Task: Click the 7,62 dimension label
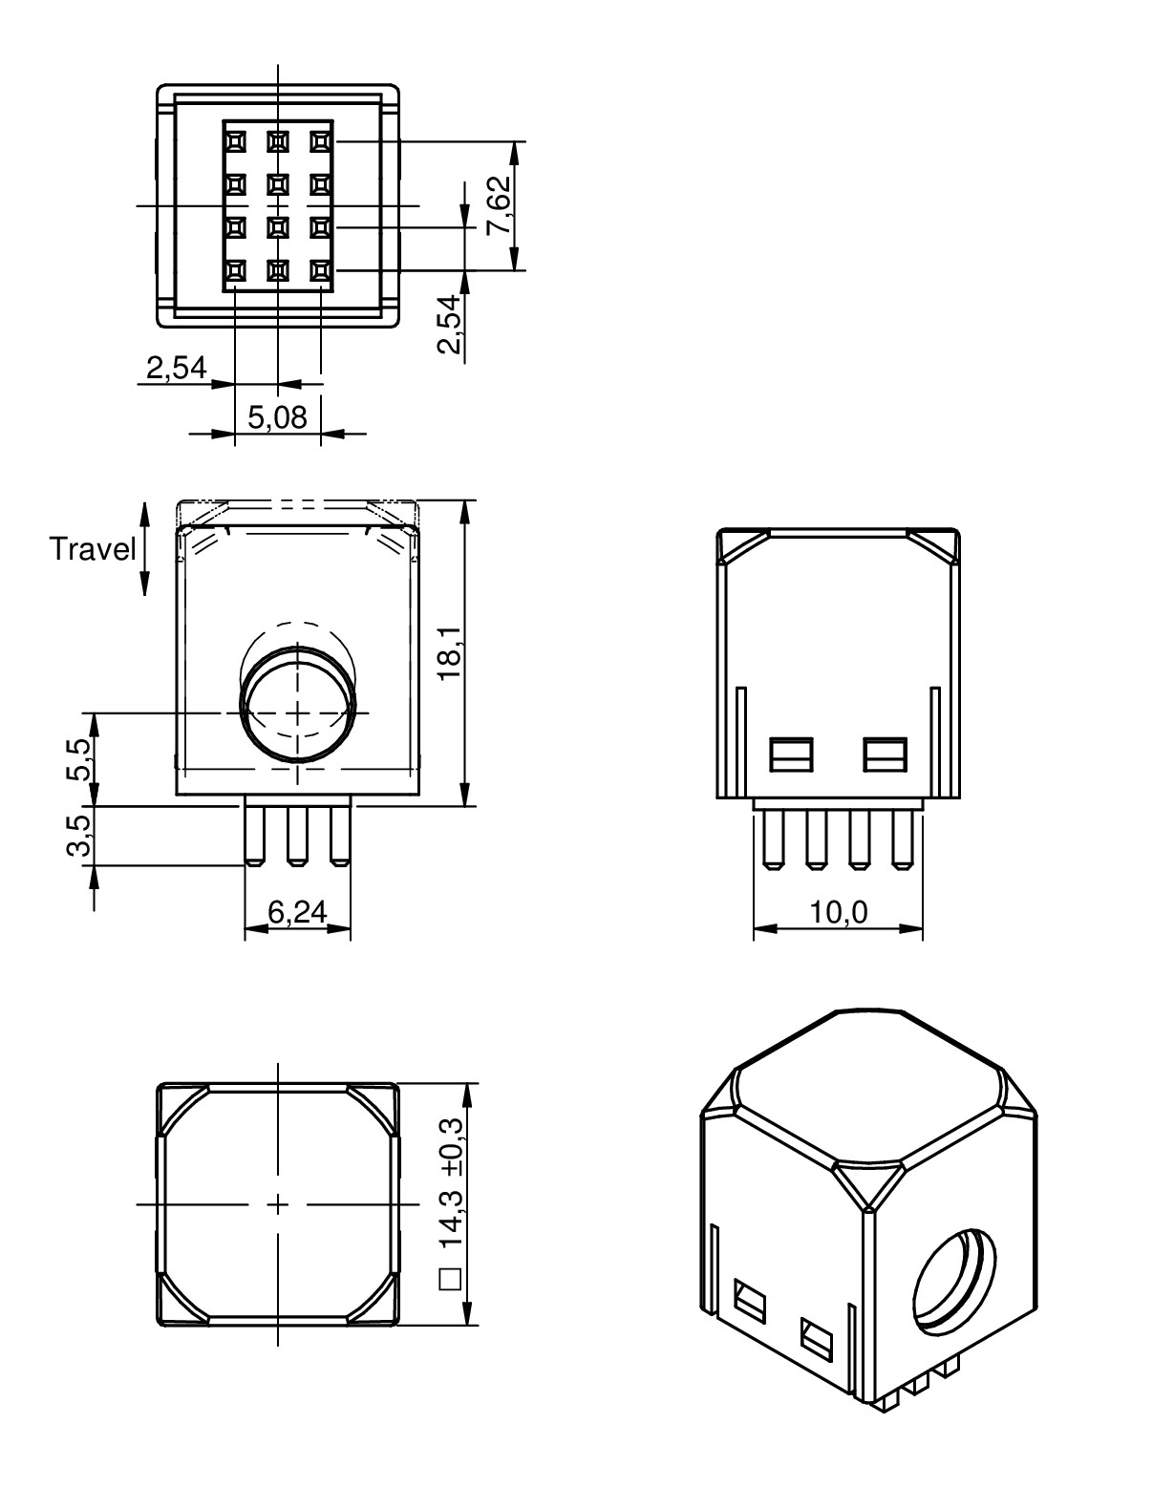(499, 205)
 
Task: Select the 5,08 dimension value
(277, 417)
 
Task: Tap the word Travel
(93, 549)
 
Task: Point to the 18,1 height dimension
(448, 654)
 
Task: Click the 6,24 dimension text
(297, 913)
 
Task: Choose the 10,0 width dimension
(839, 913)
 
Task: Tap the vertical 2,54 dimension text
(448, 325)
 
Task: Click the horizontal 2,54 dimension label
(176, 367)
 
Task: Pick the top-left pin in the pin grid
(234, 141)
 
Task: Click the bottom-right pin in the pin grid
(320, 271)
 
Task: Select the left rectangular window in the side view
(791, 754)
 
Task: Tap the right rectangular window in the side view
(885, 754)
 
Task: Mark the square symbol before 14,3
(450, 1279)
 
